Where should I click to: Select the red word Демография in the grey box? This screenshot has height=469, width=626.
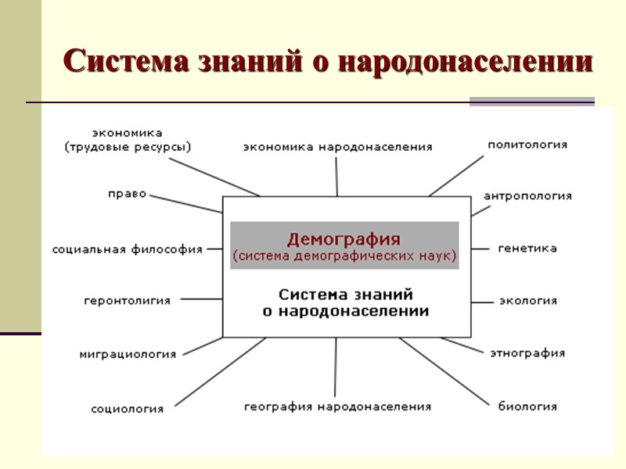click(344, 238)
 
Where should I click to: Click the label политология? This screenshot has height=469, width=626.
click(527, 145)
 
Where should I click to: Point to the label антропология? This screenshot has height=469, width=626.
click(527, 195)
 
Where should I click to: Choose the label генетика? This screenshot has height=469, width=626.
click(527, 249)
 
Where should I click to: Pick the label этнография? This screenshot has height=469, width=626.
click(527, 353)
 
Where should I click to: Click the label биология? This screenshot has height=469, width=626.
click(527, 406)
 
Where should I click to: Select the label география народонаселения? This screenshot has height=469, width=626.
click(337, 406)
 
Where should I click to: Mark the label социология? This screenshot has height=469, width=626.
click(128, 408)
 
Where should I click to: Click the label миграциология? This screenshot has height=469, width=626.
click(128, 354)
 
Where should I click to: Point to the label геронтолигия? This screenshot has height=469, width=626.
click(127, 300)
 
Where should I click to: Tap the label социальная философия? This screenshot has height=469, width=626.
click(128, 249)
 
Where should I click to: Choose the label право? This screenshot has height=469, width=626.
click(128, 194)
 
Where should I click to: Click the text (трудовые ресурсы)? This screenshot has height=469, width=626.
click(128, 146)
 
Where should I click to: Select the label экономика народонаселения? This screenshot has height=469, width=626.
click(337, 146)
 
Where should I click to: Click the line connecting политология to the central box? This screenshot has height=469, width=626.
click(458, 174)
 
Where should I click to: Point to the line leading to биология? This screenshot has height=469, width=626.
click(446, 371)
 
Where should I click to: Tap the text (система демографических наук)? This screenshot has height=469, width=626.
click(344, 256)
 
